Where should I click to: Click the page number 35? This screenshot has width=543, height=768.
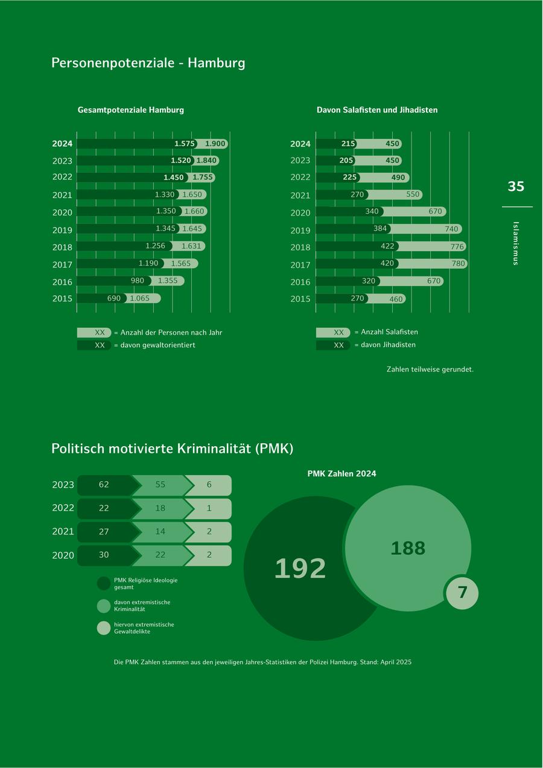[516, 187]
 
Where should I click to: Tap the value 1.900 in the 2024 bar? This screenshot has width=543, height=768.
[215, 144]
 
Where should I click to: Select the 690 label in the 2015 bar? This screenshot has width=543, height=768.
[114, 298]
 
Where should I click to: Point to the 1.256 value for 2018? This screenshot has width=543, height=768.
[155, 246]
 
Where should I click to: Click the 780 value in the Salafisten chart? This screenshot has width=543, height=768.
[459, 263]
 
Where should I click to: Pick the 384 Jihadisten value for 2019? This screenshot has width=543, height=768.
[380, 229]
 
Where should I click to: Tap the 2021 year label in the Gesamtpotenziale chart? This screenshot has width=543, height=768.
[62, 195]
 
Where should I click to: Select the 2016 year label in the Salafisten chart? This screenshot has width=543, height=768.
[300, 282]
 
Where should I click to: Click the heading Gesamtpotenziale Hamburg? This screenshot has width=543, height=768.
[131, 110]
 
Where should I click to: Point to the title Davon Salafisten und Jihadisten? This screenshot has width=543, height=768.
[377, 110]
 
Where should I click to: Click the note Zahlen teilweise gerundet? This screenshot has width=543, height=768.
[430, 369]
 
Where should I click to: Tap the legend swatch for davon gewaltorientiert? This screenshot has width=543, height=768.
[94, 345]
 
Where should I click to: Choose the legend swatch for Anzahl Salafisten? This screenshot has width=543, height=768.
[332, 333]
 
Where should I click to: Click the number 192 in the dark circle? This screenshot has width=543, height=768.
[300, 569]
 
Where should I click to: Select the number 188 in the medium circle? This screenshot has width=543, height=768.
[408, 548]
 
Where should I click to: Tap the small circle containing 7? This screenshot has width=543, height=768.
[463, 593]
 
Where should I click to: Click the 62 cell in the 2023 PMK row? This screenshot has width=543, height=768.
[104, 485]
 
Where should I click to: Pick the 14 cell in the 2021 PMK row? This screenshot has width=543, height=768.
[160, 531]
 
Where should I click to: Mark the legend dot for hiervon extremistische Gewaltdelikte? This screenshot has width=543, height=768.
[104, 628]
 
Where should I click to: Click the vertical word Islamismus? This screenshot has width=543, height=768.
[515, 243]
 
